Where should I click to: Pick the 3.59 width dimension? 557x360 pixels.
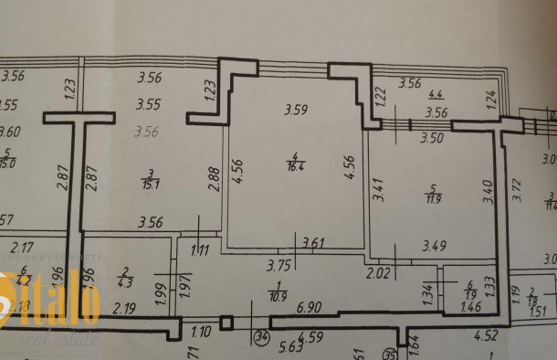pyautogui.click(x=295, y=111)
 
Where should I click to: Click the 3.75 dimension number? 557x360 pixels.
pyautogui.click(x=279, y=266)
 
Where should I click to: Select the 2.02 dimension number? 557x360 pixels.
pyautogui.click(x=378, y=271)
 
